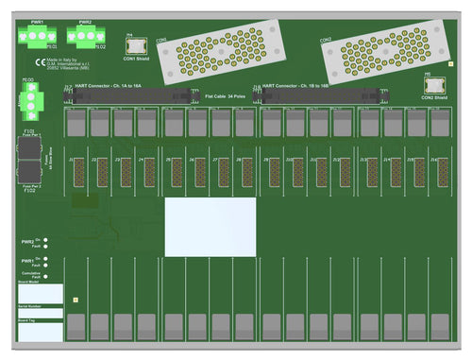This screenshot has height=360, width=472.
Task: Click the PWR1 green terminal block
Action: [x=37, y=35]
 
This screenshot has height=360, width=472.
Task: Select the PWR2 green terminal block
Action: [x=85, y=35]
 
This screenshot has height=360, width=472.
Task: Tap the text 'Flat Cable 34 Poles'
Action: [x=225, y=95]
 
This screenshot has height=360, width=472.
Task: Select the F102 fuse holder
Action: [x=29, y=174]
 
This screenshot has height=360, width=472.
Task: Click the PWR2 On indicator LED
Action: [x=46, y=239]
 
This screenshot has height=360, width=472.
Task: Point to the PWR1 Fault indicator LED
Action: [x=46, y=265]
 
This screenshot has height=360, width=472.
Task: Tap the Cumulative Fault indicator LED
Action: [x=46, y=275]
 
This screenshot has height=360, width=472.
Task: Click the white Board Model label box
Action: [x=41, y=293]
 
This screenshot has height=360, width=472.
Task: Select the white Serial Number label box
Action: [x=41, y=313]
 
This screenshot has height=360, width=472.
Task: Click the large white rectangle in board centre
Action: [x=210, y=227]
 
